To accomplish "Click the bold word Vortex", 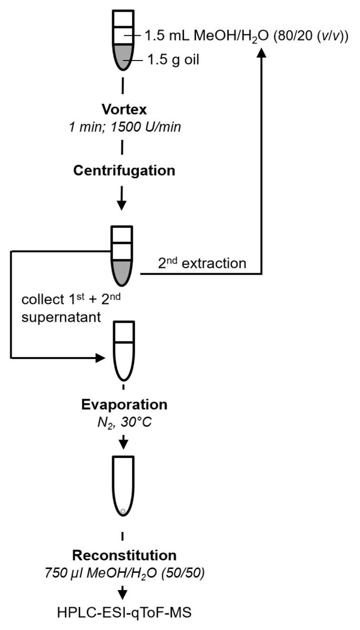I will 123,109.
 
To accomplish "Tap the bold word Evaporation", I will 123,405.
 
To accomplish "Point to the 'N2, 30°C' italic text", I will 123,421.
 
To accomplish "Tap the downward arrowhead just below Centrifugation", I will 122,205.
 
